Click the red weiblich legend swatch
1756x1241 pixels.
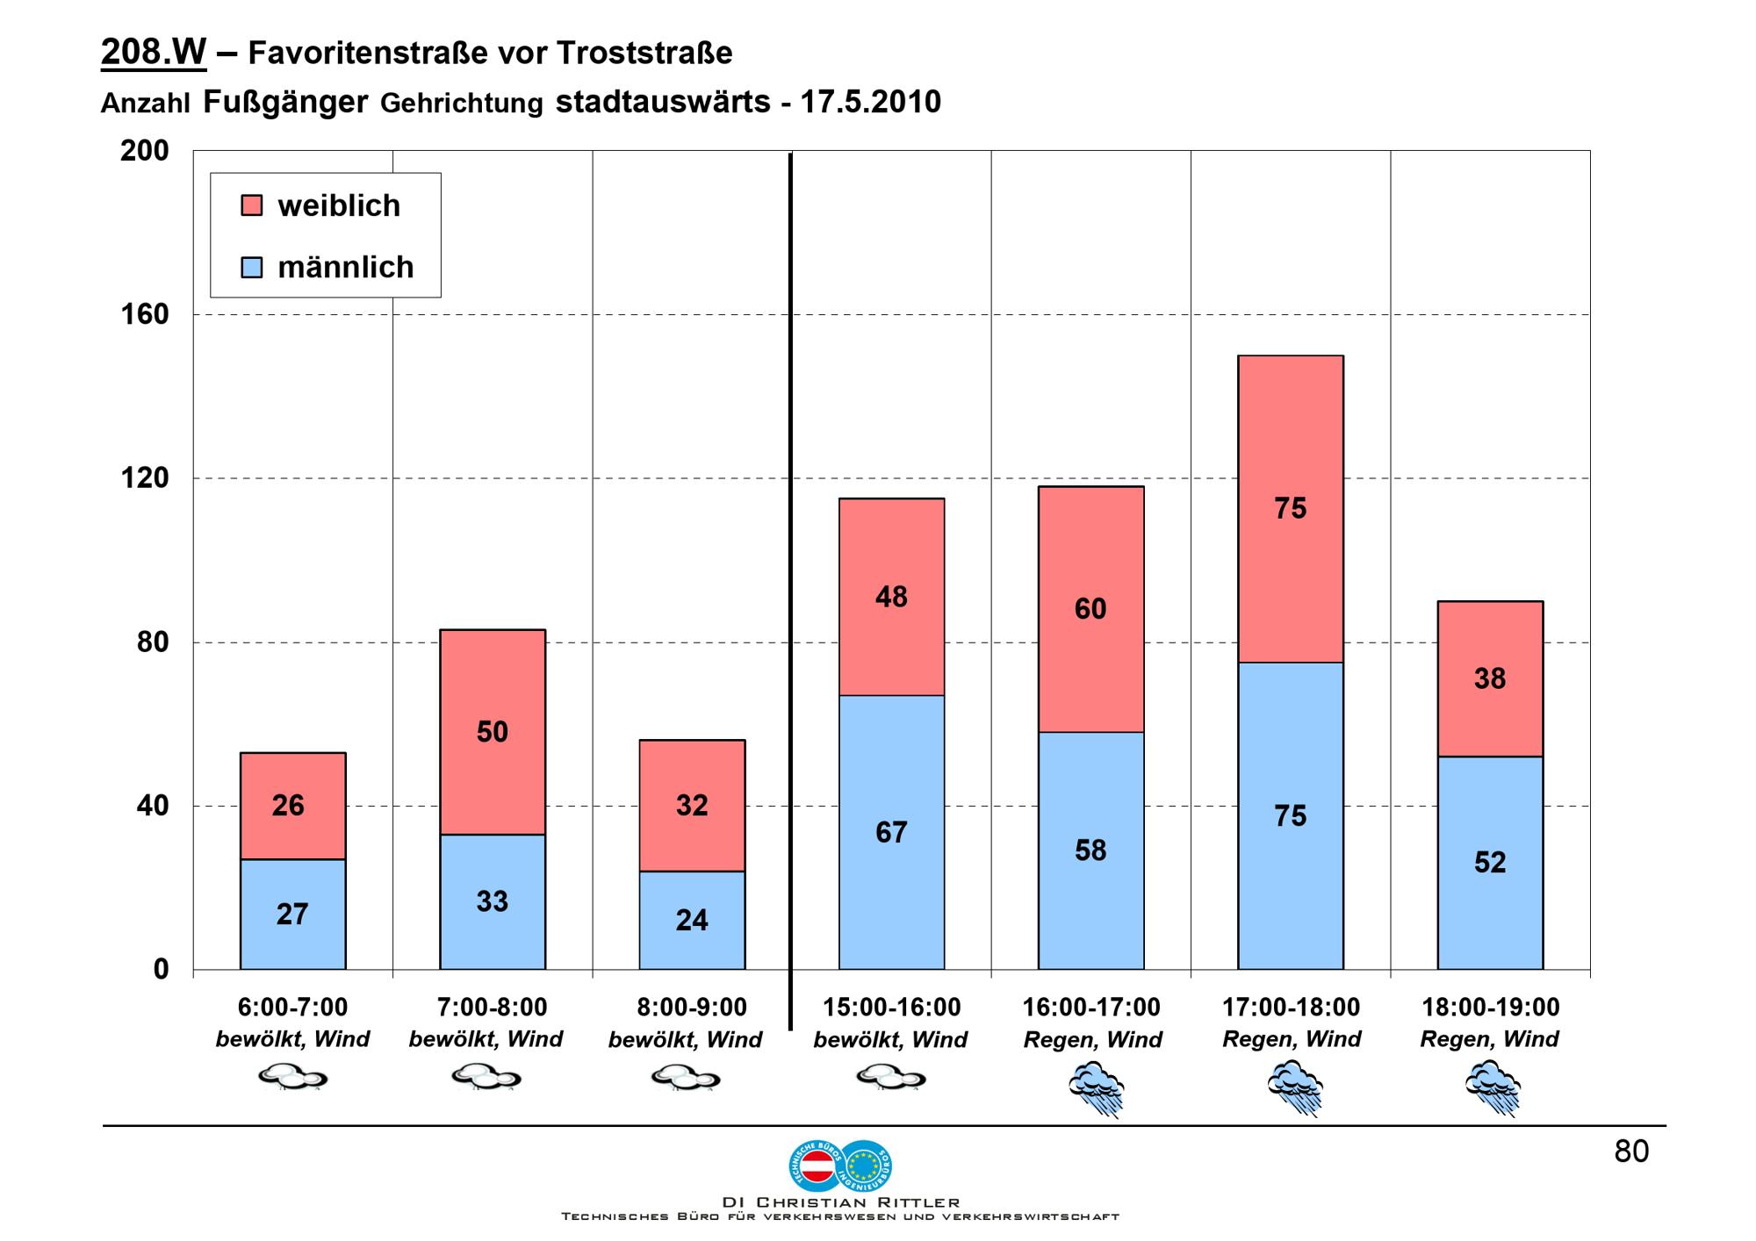(x=251, y=205)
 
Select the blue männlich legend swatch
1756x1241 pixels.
(x=251, y=267)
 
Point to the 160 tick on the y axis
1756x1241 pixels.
(x=144, y=314)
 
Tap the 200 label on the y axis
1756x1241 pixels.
(x=144, y=151)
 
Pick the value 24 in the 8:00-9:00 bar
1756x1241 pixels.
(x=692, y=920)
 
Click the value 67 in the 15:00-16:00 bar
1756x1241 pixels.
(x=891, y=832)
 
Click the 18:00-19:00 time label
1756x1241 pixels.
(x=1490, y=1007)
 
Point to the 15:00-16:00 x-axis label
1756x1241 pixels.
(x=891, y=1007)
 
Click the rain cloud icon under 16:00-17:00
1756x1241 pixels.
(x=1095, y=1088)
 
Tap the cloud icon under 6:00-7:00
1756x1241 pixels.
(x=292, y=1077)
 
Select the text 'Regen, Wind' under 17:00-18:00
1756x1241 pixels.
(x=1291, y=1039)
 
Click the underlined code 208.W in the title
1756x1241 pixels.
(x=154, y=53)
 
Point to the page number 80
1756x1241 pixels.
(x=1631, y=1151)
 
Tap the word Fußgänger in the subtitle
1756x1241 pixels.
(x=285, y=102)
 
